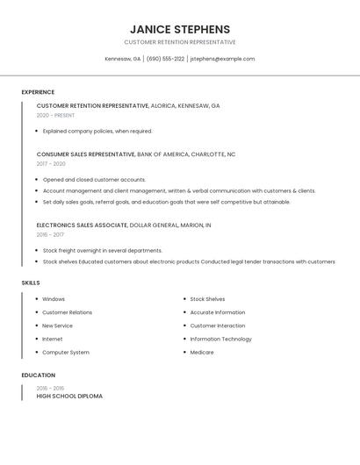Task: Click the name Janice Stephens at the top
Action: tap(180, 29)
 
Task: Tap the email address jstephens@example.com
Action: tap(222, 59)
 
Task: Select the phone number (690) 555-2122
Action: tap(165, 59)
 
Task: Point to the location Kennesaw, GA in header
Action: tap(123, 59)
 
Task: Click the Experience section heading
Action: tap(38, 92)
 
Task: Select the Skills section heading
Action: tap(31, 283)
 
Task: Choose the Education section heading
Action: tap(38, 376)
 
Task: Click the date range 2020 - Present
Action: tap(55, 115)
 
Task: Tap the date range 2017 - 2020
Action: tap(51, 163)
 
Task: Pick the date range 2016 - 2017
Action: tap(51, 234)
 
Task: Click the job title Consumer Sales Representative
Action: tap(86, 154)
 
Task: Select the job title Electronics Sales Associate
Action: tap(82, 225)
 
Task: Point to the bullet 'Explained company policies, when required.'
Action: tap(97, 131)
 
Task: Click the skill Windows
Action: tap(54, 299)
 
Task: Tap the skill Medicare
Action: tap(202, 352)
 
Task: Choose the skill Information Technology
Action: tap(220, 339)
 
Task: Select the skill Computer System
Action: tap(66, 352)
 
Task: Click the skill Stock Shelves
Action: tap(207, 299)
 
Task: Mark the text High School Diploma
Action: tap(69, 396)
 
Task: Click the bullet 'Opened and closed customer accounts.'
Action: tap(94, 179)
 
